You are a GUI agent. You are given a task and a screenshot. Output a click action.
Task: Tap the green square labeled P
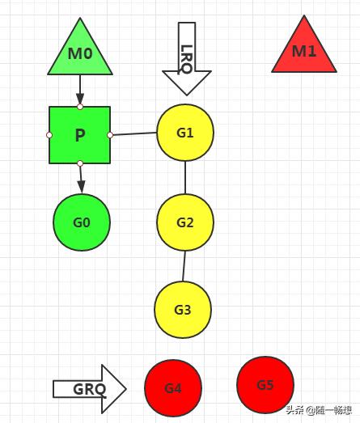click(x=79, y=135)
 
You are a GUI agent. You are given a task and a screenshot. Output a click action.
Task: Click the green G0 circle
click(x=82, y=222)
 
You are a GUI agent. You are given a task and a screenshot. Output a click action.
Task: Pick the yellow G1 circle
click(x=185, y=133)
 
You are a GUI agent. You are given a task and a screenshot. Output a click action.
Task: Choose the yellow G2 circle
click(x=185, y=222)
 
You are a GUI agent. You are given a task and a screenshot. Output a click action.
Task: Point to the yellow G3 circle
click(x=183, y=310)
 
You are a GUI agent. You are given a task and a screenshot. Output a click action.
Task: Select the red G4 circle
click(x=173, y=388)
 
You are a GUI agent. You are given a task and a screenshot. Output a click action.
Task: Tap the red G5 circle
click(x=265, y=385)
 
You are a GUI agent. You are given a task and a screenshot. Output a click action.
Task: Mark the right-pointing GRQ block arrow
click(x=90, y=389)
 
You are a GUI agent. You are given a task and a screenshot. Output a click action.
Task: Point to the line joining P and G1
click(x=134, y=133)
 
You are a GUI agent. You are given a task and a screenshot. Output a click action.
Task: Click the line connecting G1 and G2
click(x=185, y=177)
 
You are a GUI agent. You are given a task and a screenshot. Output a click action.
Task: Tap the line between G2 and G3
click(x=184, y=266)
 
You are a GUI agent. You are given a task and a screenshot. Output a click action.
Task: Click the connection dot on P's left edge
click(x=49, y=135)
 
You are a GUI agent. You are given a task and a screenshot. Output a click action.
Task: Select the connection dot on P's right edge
click(x=110, y=135)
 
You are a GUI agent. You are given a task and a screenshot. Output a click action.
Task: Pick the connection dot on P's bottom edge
click(x=80, y=163)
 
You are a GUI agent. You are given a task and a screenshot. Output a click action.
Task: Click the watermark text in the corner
click(x=319, y=410)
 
